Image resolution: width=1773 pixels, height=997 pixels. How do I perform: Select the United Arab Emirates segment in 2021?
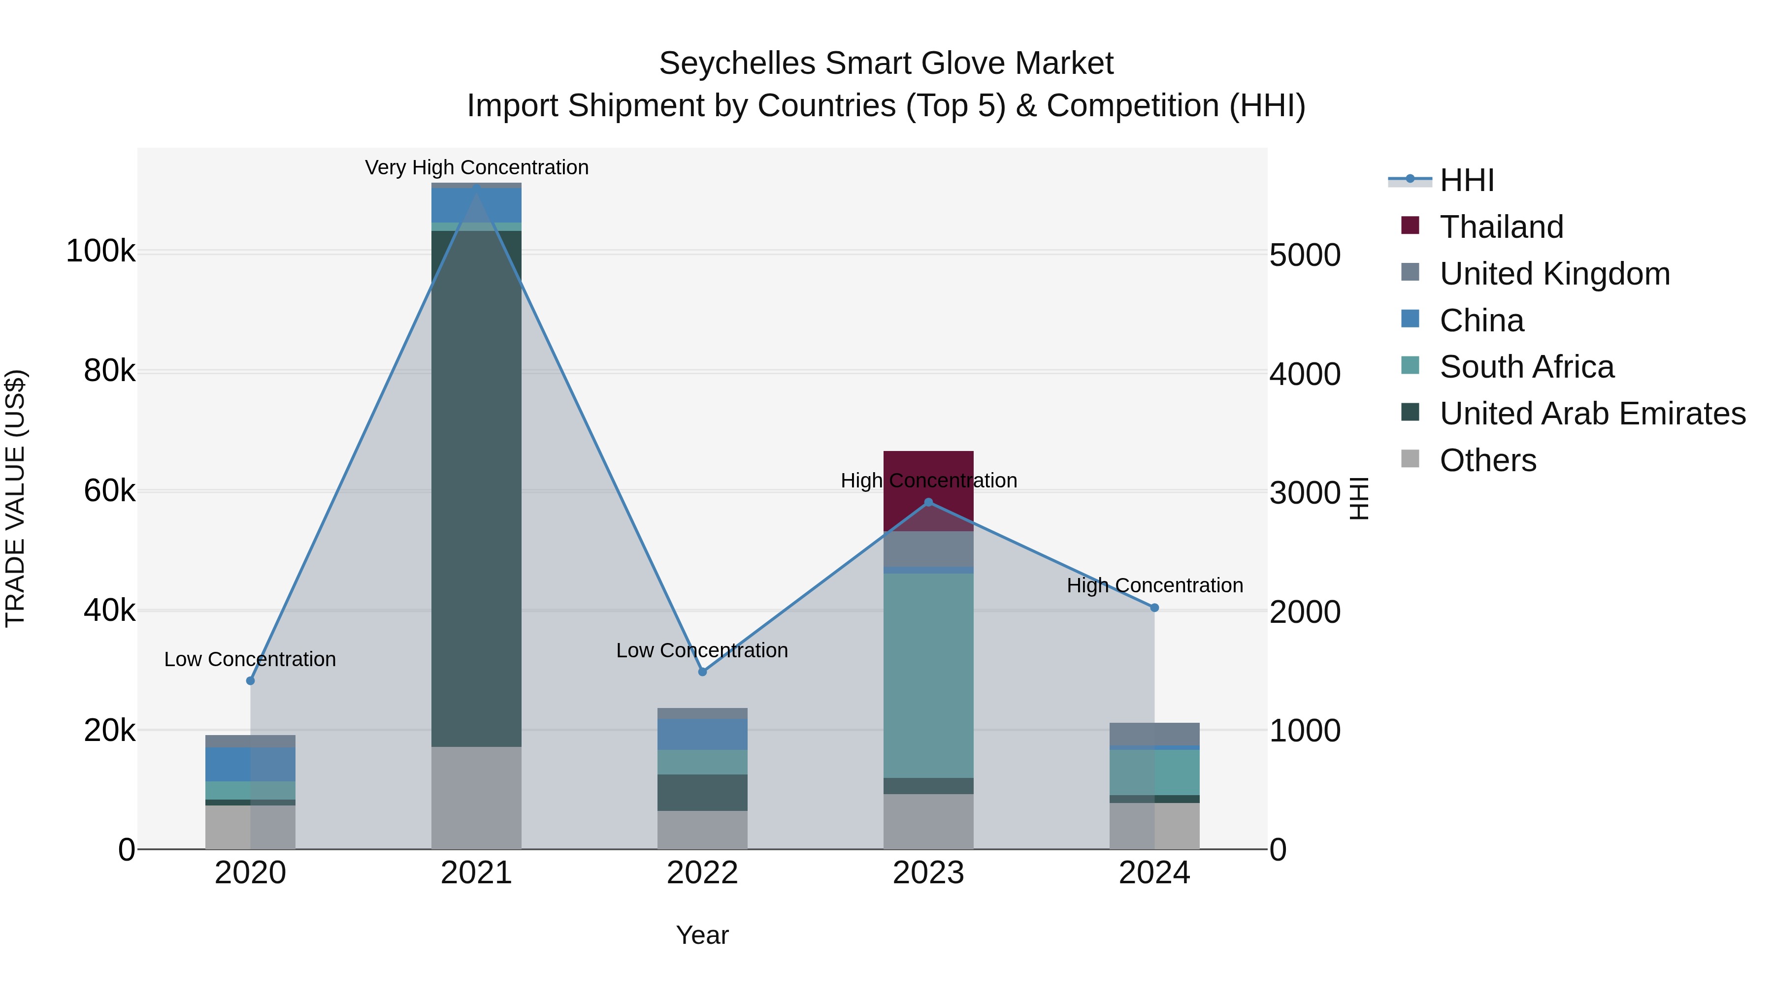coord(476,488)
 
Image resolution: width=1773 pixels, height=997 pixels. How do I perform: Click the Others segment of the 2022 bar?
coord(702,830)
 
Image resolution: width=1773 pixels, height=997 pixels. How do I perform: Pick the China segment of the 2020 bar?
coord(250,764)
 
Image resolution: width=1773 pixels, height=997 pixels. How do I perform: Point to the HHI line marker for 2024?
coord(1154,608)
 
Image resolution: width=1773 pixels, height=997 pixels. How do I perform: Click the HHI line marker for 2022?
coord(702,672)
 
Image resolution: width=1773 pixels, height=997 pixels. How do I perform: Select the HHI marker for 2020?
coord(250,680)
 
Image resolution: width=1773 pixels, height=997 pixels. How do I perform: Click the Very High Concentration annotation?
coord(476,167)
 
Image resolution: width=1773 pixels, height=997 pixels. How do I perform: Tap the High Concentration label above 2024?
coord(1154,585)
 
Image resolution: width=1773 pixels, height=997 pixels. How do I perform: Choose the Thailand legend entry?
coord(1501,227)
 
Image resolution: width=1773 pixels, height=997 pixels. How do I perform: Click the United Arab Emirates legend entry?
coord(1592,414)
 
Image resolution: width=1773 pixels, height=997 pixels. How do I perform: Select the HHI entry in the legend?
coord(1466,180)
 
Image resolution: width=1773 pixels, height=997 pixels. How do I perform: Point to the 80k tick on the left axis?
coord(109,372)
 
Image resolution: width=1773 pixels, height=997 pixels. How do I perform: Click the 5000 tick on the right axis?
coord(1304,255)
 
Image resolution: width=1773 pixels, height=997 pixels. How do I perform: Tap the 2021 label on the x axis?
coord(476,873)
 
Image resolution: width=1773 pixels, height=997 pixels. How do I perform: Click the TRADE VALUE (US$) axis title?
coord(15,498)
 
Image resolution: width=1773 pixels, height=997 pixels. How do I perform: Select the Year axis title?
coord(702,935)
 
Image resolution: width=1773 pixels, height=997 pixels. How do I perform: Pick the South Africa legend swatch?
coord(1410,365)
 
